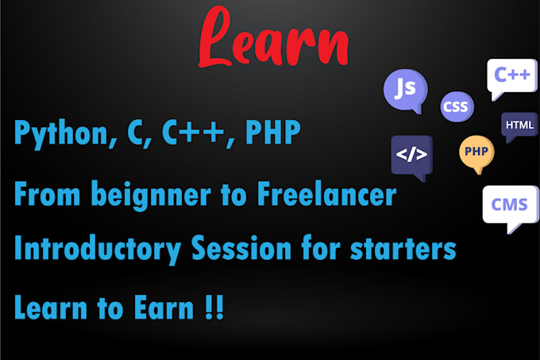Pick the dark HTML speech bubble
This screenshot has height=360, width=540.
(x=519, y=126)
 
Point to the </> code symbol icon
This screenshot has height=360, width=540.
(x=411, y=153)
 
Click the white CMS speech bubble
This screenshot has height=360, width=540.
(x=508, y=206)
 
